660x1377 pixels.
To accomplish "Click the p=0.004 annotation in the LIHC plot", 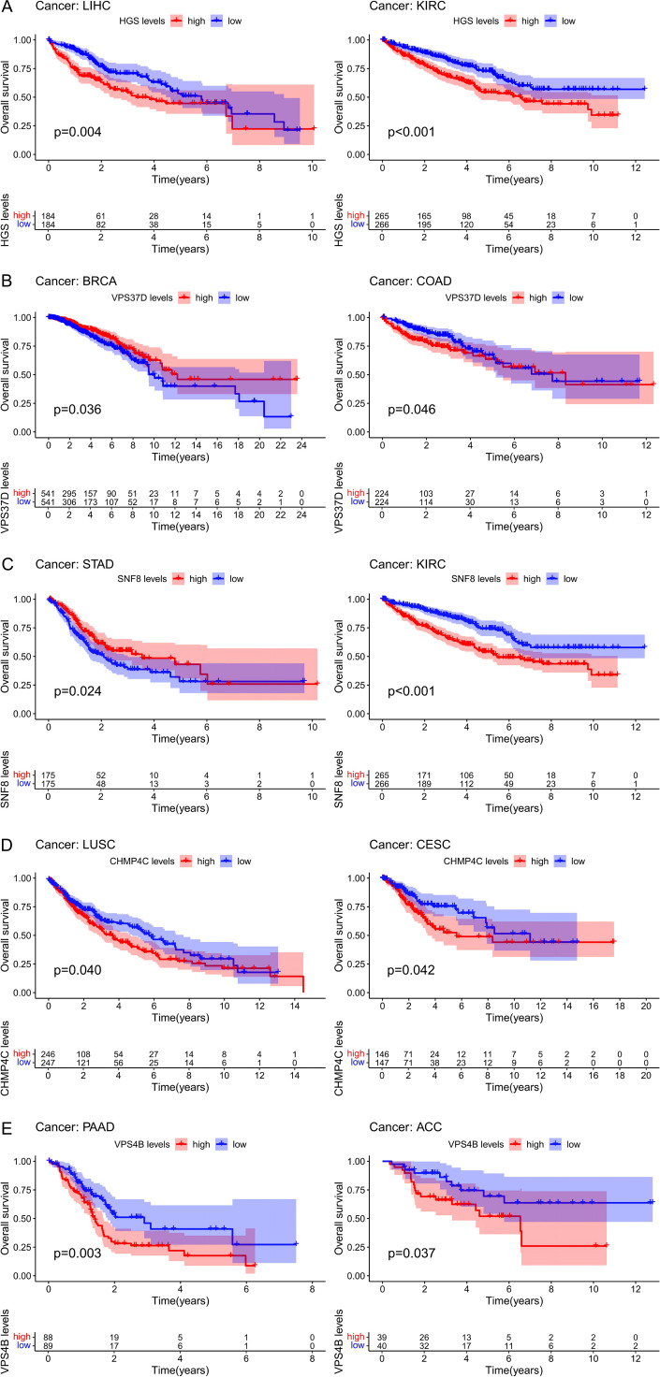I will (x=77, y=132).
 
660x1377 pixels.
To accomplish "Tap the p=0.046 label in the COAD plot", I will (x=411, y=409).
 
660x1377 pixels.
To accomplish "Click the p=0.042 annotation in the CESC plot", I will (x=411, y=966).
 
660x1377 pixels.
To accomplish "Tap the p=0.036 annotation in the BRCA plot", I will (x=77, y=409).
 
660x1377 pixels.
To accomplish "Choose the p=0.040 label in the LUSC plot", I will (x=77, y=966).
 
